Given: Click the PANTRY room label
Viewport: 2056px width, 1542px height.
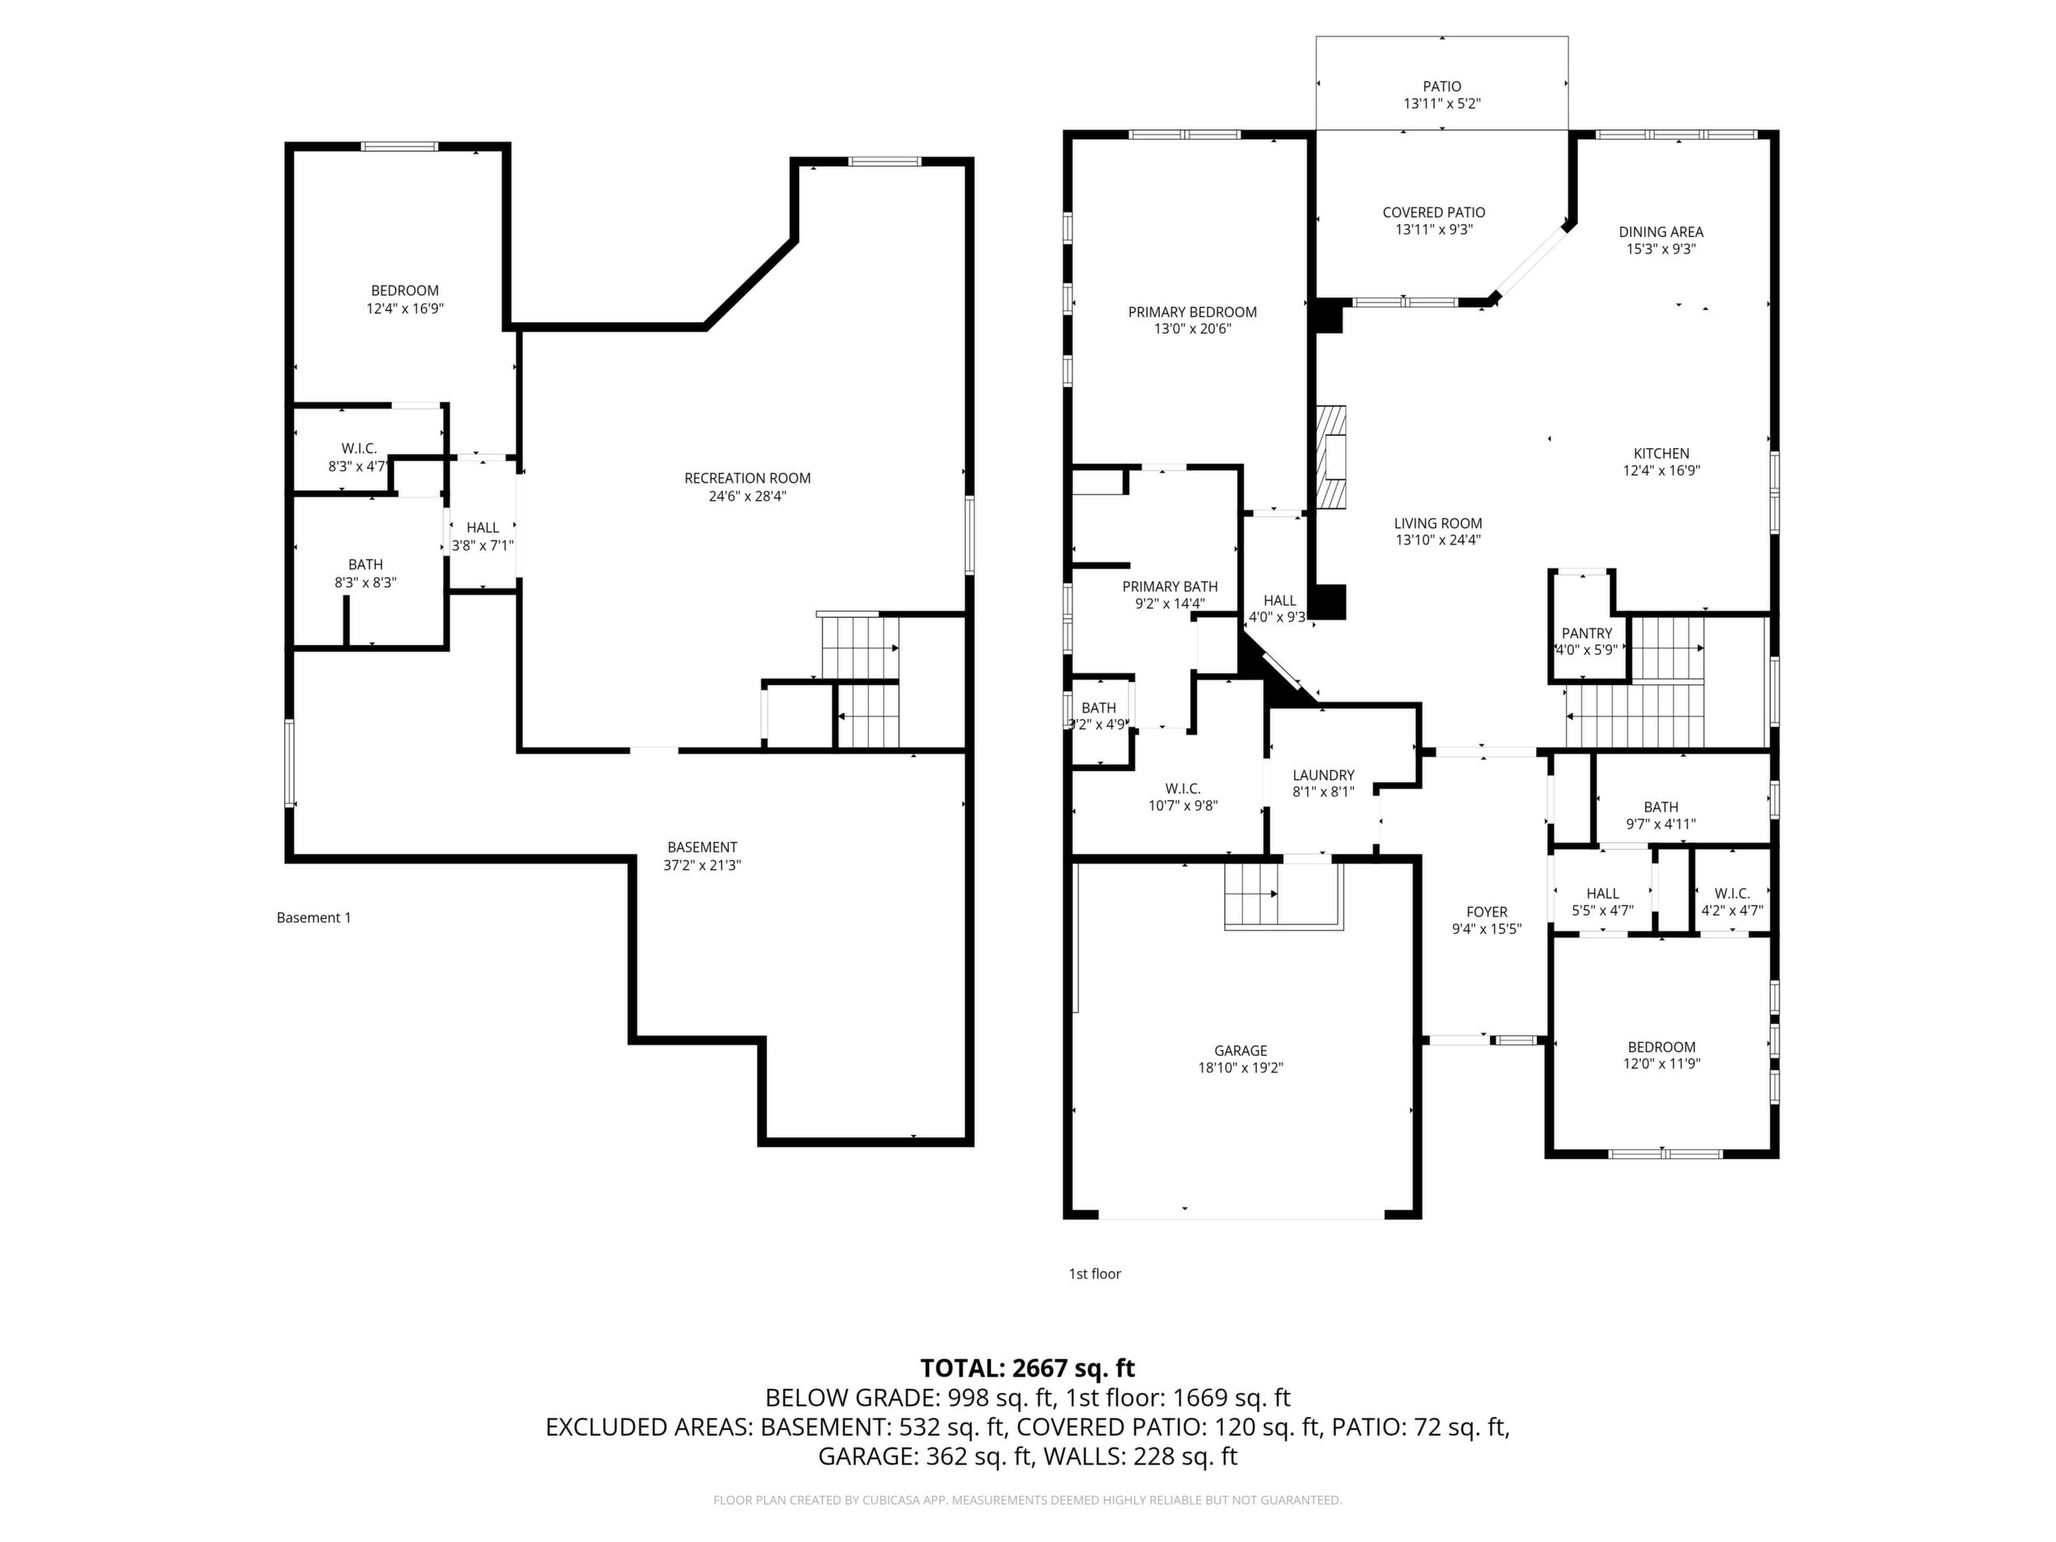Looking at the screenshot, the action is tap(1586, 633).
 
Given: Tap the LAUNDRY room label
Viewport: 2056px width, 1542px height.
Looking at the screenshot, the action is tap(1323, 775).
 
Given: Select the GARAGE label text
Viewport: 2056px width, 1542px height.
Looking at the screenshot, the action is tap(1240, 1051).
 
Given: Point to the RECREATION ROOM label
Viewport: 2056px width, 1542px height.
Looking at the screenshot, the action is tap(747, 479).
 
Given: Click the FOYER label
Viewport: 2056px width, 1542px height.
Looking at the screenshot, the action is tap(1487, 912).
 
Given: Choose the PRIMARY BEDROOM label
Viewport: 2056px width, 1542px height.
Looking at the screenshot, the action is tap(1193, 312).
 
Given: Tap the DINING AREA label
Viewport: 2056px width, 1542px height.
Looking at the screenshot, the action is tap(1661, 232).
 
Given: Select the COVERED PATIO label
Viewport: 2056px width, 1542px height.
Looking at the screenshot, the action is tap(1434, 213).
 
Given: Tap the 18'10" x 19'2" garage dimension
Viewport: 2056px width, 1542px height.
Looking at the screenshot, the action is tap(1241, 1069).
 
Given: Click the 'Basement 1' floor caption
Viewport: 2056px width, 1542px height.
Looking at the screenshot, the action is tap(314, 918).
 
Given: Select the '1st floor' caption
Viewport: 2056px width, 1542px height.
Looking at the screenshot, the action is tap(1095, 1273).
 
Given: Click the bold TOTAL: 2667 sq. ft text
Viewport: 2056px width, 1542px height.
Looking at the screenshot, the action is tap(1027, 1368).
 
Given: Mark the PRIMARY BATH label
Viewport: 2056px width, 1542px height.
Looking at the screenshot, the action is tap(1170, 586).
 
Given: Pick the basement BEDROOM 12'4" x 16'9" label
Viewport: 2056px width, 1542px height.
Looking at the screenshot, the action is tap(404, 299).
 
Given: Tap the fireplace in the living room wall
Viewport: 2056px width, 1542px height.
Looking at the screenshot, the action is tap(1331, 456).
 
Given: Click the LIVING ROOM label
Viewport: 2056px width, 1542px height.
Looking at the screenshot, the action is tap(1438, 523).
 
